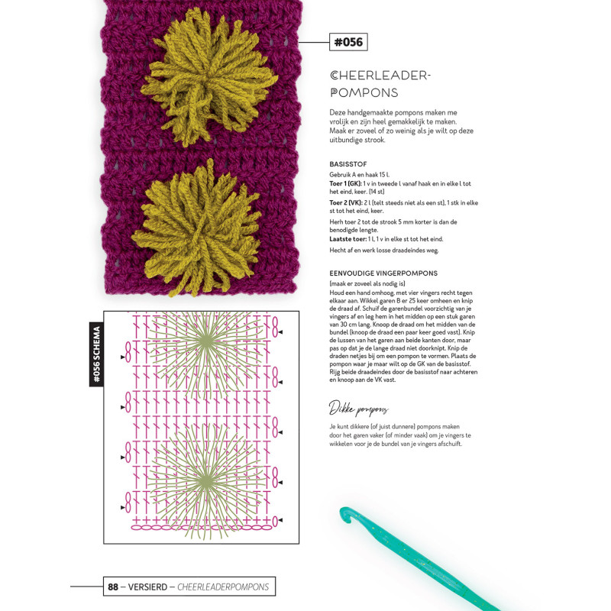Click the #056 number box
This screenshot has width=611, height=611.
tap(348, 42)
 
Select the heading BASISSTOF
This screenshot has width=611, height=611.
tap(349, 164)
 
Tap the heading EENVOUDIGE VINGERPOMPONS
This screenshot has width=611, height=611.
tap(383, 273)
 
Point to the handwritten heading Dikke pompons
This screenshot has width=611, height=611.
tap(359, 407)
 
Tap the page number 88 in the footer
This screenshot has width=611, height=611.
tap(113, 587)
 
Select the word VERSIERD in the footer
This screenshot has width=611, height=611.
tap(145, 587)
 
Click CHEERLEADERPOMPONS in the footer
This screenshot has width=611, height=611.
tap(222, 587)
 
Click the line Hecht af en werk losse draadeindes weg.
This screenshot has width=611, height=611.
tap(383, 251)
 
